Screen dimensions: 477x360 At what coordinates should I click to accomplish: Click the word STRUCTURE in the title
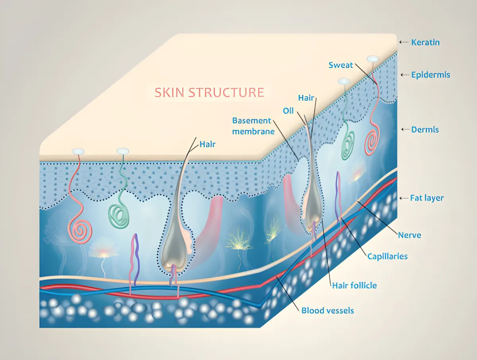pos(226,92)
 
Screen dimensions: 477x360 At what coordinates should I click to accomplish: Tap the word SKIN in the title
pos(169,92)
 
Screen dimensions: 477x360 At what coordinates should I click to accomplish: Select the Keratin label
pos(425,43)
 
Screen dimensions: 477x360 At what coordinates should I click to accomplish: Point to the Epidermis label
pos(430,75)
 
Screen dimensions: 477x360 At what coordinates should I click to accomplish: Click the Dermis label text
pos(425,130)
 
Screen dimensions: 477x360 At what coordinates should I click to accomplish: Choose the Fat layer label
pos(427,198)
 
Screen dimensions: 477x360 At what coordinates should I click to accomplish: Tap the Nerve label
pos(409,235)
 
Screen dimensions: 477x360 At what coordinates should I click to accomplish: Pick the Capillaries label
pos(388,257)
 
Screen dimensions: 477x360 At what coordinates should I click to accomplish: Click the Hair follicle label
pos(355,286)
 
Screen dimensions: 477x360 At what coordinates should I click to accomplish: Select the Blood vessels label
pos(328,310)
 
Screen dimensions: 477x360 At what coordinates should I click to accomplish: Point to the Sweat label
pos(341,65)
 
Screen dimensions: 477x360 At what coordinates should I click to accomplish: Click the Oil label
pos(288,111)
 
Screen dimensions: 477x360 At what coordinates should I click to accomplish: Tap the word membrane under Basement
pos(253,132)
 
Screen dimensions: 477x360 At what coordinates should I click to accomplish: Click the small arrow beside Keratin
pos(404,42)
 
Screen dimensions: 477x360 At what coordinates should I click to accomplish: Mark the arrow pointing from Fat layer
pos(404,198)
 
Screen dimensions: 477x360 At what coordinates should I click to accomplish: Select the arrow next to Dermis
pos(405,130)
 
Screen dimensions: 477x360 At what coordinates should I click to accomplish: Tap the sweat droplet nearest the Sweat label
pos(372,59)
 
